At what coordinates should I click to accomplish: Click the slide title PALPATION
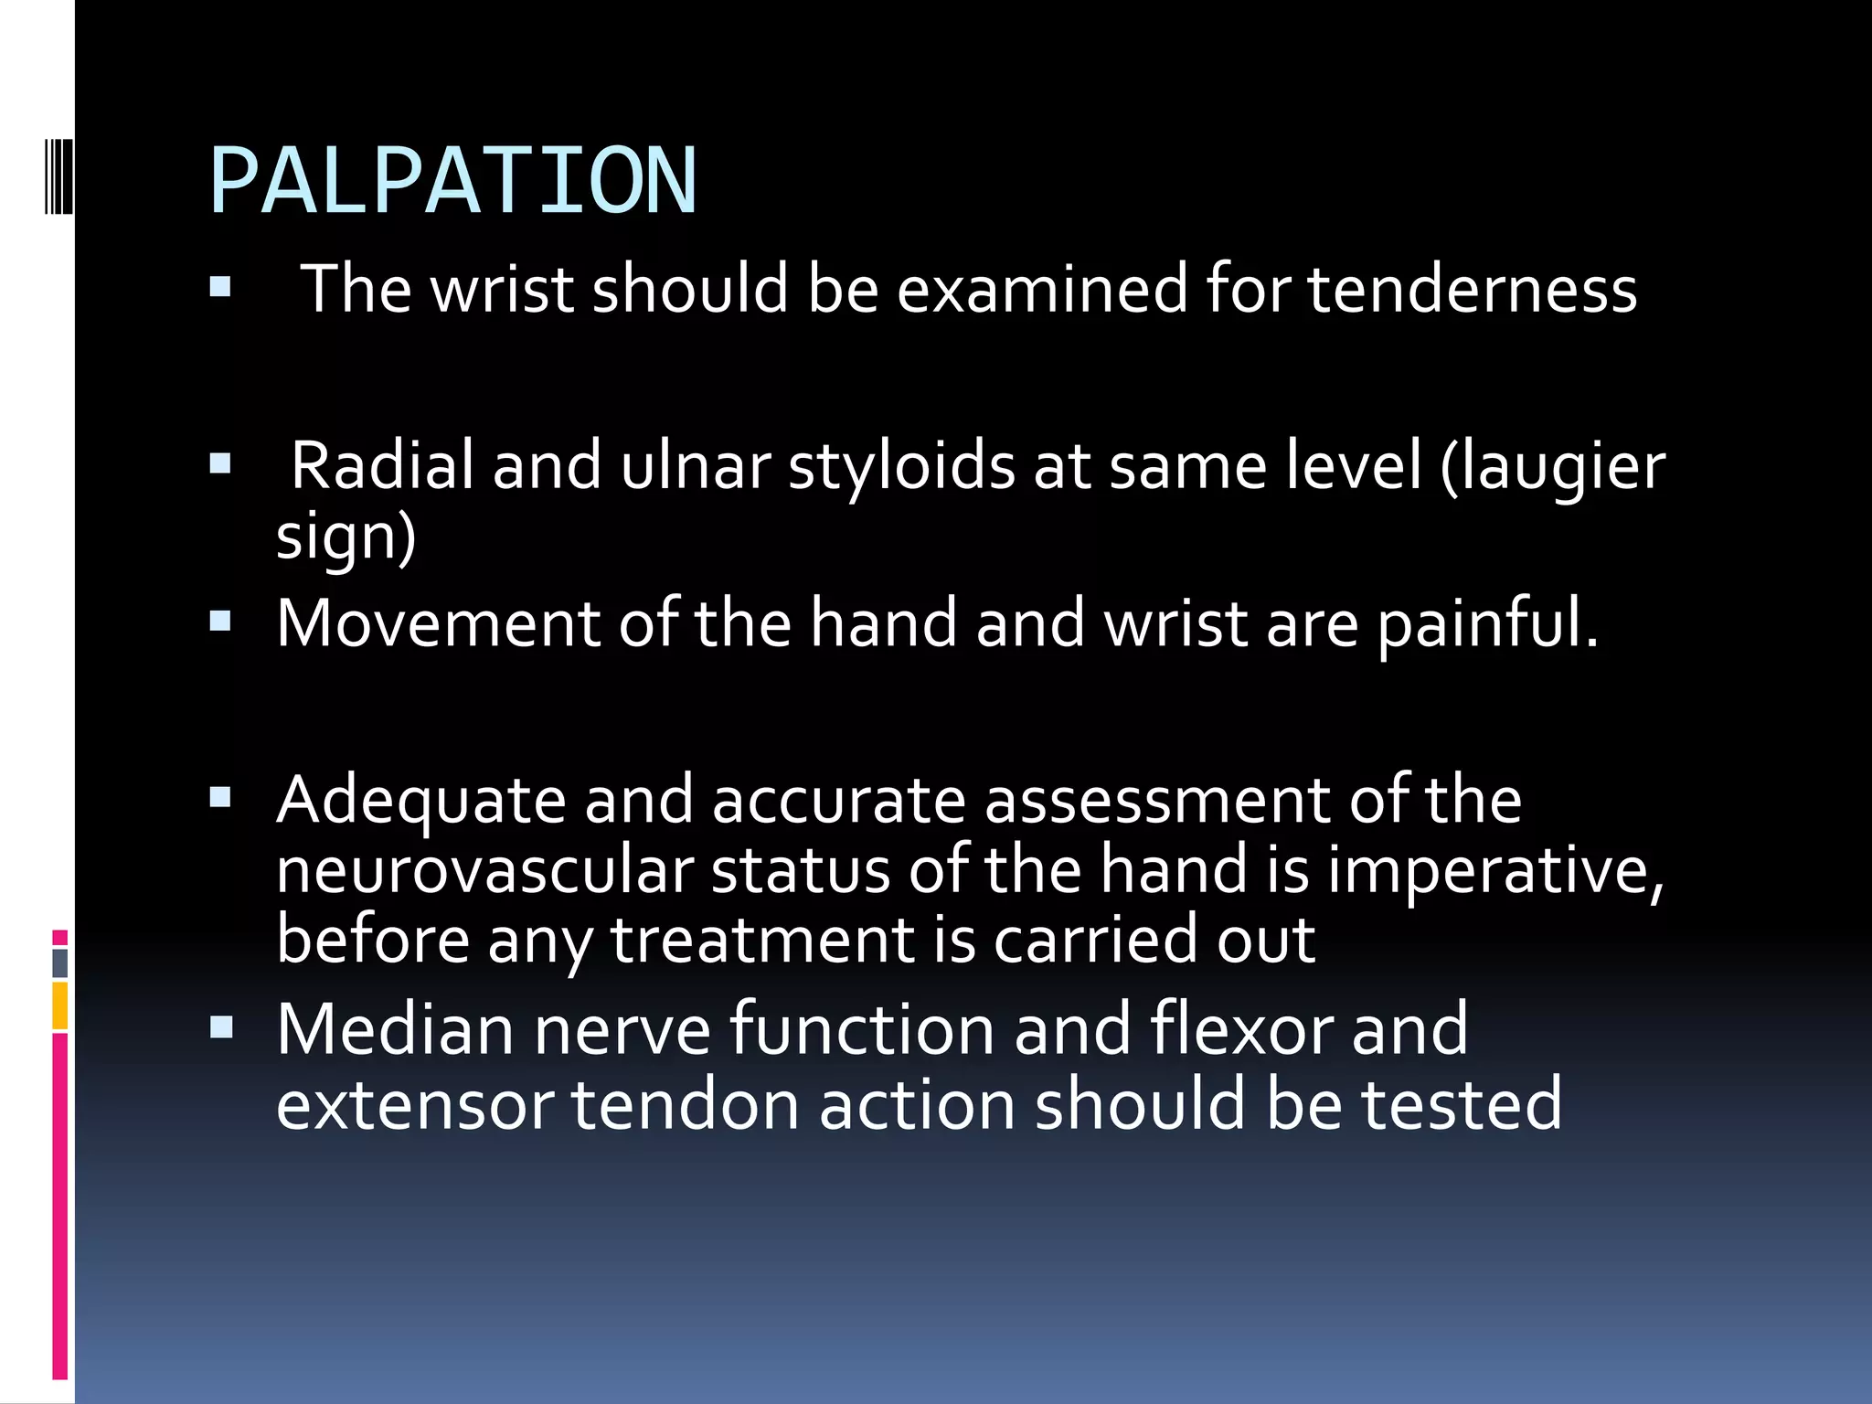(453, 181)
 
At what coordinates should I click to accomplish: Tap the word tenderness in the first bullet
(1472, 289)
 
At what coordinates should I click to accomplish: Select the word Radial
(382, 465)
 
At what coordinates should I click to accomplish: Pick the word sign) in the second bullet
(346, 537)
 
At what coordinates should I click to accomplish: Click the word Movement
(438, 623)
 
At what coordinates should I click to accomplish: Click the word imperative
(1495, 871)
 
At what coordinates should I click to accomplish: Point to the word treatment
(762, 940)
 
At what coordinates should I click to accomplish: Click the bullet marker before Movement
(220, 622)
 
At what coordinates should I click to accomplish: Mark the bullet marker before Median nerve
(220, 1028)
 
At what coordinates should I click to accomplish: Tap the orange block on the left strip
(60, 1005)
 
